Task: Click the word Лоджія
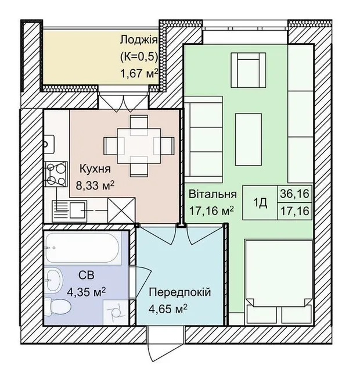[139, 40]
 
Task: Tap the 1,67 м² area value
[139, 74]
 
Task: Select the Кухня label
[95, 169]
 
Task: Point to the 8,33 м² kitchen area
[95, 185]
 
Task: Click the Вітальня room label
[213, 194]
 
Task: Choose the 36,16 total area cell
[294, 194]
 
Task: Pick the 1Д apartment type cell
[260, 202]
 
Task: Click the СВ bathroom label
[87, 275]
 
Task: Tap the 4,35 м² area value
[87, 292]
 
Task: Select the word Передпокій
[179, 292]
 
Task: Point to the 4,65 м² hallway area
[168, 309]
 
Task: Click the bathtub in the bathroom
[82, 248]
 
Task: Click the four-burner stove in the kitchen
[56, 174]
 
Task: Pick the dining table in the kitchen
[139, 145]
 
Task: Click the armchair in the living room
[248, 70]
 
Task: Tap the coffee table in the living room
[249, 139]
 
